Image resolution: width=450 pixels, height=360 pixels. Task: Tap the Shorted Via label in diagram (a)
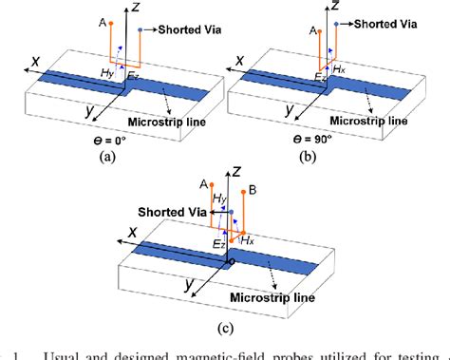tap(185, 30)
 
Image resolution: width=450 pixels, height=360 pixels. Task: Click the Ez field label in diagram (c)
tap(218, 244)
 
